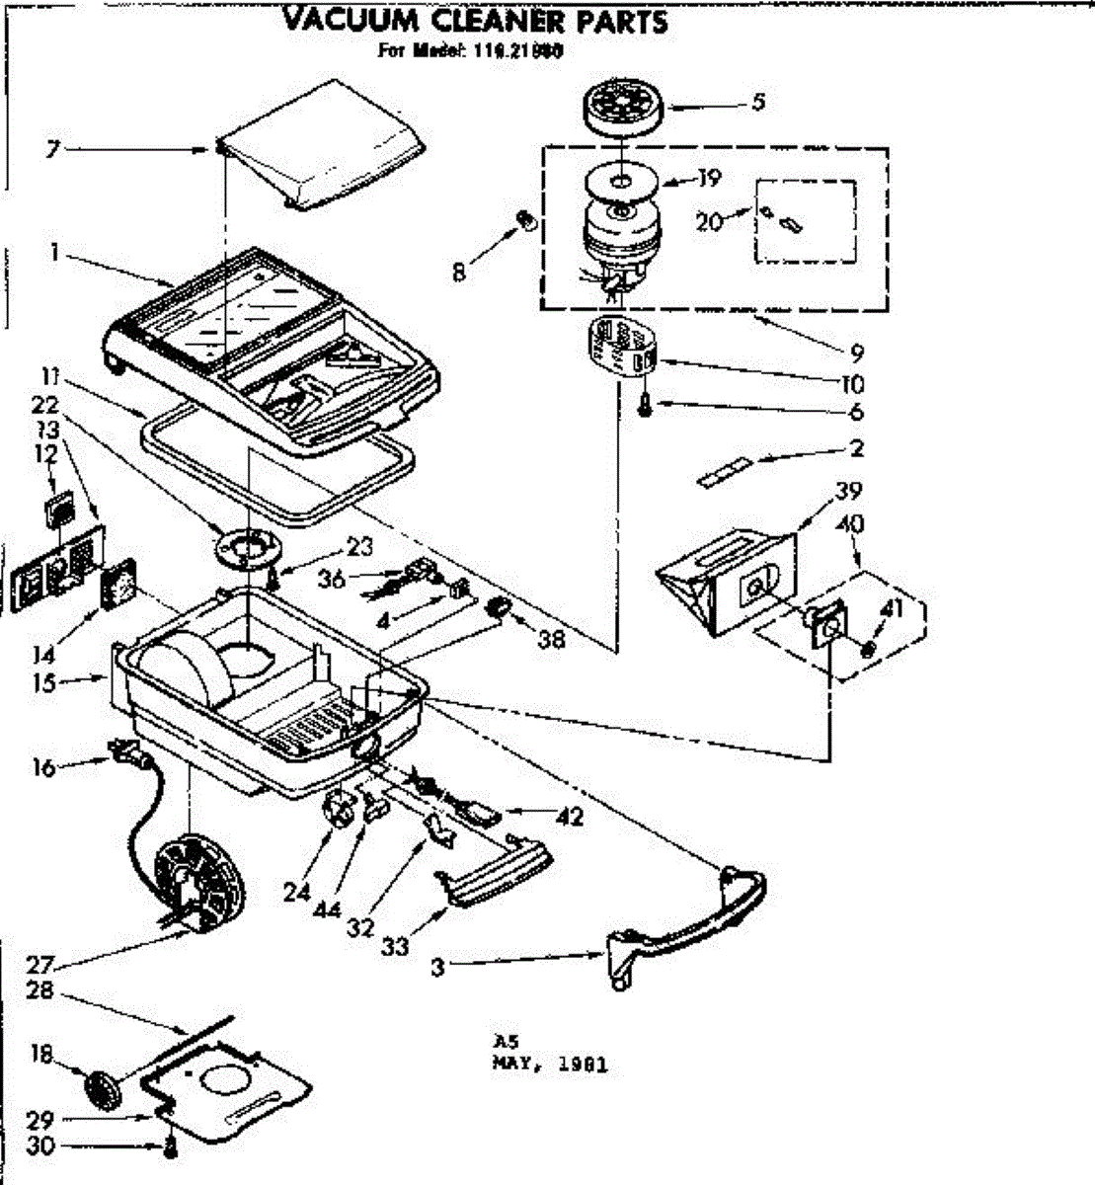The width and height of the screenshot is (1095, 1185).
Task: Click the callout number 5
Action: click(757, 101)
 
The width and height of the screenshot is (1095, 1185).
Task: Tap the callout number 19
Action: click(707, 178)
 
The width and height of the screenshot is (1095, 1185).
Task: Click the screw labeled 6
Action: click(644, 404)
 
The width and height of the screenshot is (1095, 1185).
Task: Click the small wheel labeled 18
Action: click(101, 1088)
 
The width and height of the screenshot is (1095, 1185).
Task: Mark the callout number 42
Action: click(569, 816)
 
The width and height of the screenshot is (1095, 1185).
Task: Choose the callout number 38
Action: click(551, 639)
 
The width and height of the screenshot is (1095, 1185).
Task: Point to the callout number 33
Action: click(394, 946)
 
